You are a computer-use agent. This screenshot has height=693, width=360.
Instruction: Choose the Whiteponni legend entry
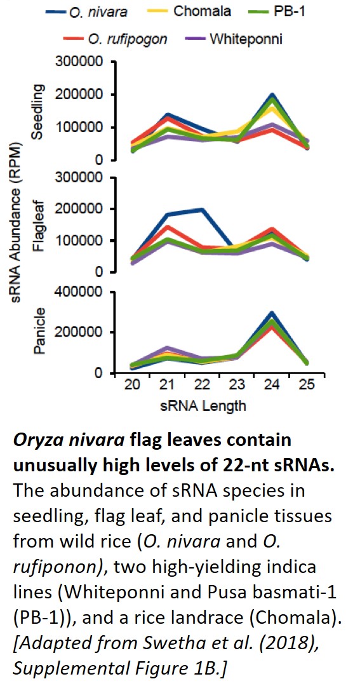tap(246, 39)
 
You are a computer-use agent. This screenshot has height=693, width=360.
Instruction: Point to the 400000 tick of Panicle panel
tap(83, 292)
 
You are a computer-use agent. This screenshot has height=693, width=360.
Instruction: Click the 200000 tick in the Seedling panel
tap(83, 95)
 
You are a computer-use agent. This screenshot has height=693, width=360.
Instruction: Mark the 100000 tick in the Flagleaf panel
tap(83, 241)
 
